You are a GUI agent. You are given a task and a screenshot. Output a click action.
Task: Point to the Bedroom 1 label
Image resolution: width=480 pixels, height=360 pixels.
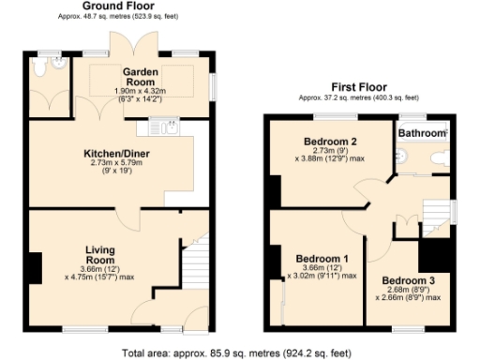(322, 259)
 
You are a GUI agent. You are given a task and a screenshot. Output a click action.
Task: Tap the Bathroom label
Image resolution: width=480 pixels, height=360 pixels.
(422, 134)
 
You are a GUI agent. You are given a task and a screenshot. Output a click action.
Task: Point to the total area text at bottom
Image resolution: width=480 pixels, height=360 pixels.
(237, 353)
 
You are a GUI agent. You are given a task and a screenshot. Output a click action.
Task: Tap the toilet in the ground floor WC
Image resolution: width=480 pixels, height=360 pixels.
(38, 68)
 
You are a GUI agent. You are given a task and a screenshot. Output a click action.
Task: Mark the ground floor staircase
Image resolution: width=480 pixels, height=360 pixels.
(195, 258)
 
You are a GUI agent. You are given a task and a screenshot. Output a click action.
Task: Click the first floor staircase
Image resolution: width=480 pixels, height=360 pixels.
(436, 211)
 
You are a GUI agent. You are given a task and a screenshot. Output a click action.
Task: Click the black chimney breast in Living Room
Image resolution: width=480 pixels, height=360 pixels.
(35, 268)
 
